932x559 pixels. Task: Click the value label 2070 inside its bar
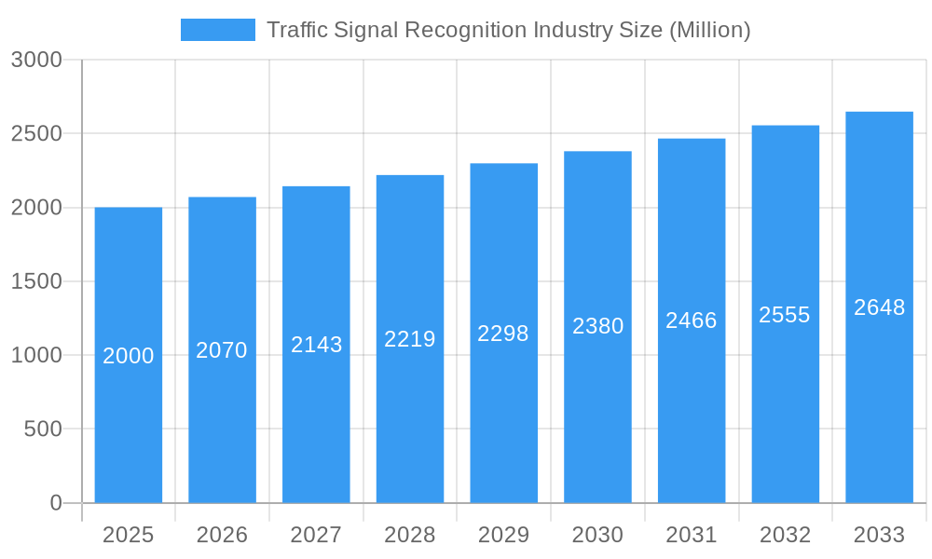222,350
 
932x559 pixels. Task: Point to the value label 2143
316,345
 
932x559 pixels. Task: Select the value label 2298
503,334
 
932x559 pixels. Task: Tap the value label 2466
692,320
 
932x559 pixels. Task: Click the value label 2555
785,315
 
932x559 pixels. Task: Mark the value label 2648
879,307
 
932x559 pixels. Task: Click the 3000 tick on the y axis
36,60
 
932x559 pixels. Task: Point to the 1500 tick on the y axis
36,281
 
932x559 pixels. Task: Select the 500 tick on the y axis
43,429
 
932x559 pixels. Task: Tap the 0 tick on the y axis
56,503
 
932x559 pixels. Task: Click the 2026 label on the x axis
222,535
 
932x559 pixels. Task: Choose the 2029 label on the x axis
503,535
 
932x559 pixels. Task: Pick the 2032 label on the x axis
785,535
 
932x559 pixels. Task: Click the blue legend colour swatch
217,30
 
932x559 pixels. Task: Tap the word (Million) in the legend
710,30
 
